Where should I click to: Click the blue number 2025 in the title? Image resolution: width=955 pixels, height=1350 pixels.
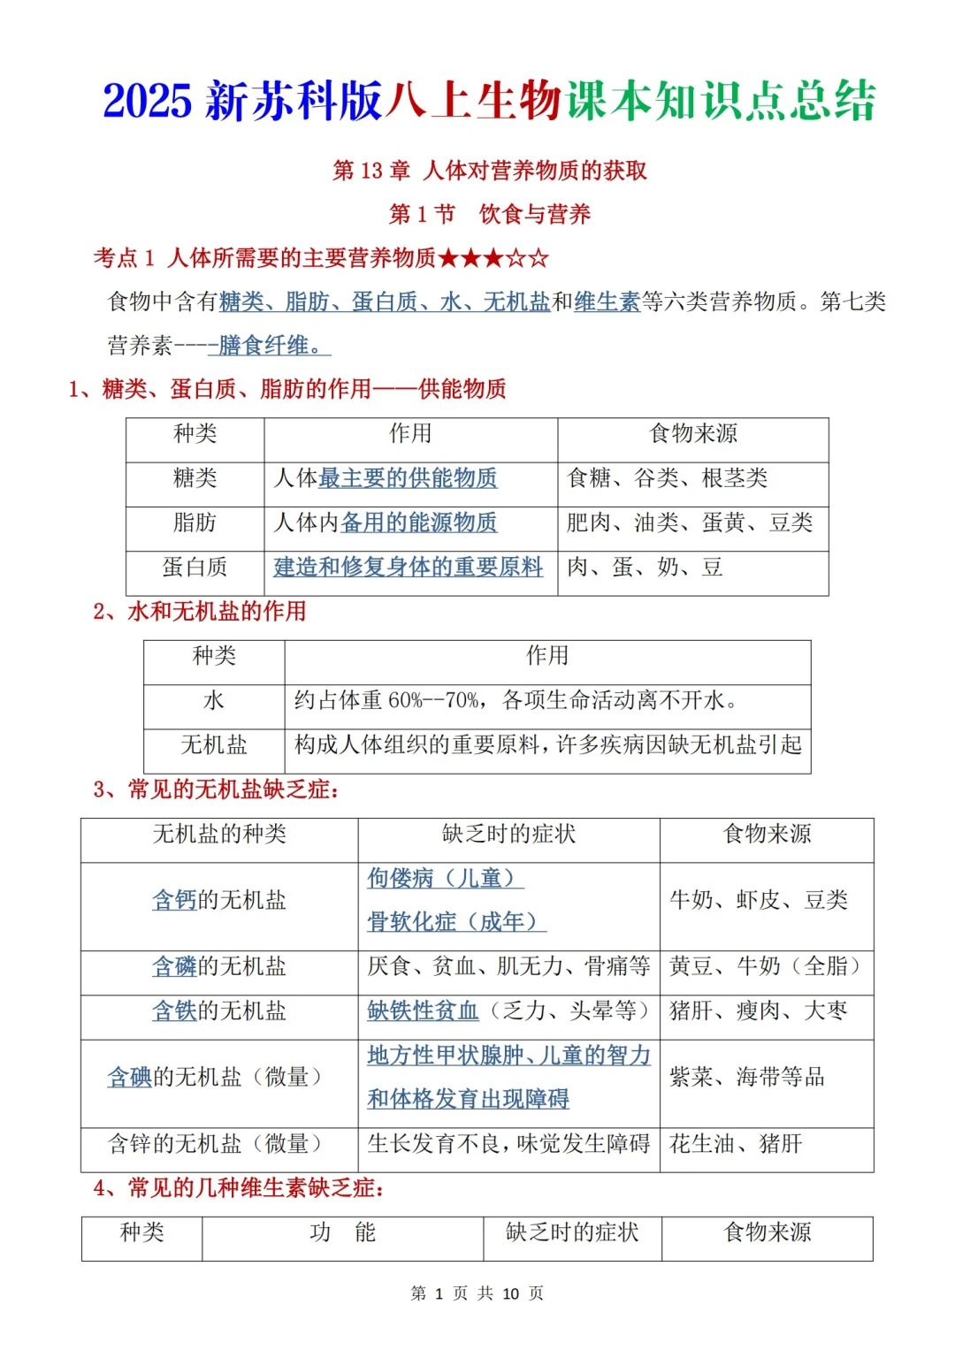click(x=147, y=101)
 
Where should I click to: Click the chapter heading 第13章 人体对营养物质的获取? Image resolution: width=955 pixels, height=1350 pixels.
click(x=489, y=171)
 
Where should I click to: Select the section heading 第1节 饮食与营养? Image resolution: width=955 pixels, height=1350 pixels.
click(x=489, y=214)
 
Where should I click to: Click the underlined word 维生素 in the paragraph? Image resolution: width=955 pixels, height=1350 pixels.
click(x=607, y=301)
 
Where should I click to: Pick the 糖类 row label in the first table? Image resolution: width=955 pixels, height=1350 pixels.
click(x=195, y=478)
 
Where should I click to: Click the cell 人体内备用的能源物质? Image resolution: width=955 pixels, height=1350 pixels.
click(x=386, y=522)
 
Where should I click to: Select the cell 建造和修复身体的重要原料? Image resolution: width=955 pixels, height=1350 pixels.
click(x=408, y=567)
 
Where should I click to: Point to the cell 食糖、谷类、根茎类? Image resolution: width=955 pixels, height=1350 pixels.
click(x=667, y=478)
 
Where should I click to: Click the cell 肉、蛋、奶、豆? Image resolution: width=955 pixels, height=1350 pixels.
click(x=645, y=567)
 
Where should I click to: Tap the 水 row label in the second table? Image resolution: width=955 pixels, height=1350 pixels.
click(x=214, y=701)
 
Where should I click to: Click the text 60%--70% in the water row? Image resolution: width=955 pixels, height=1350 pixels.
click(x=433, y=701)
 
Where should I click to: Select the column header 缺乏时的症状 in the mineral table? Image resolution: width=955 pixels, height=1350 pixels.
click(x=508, y=834)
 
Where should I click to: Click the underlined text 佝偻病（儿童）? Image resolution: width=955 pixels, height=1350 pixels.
click(x=445, y=878)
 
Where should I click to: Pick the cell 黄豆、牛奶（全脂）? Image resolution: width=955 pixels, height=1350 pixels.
click(x=765, y=966)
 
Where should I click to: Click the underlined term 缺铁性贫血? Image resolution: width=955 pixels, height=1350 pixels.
click(x=423, y=1011)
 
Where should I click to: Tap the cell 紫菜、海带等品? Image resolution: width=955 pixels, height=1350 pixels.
click(x=746, y=1077)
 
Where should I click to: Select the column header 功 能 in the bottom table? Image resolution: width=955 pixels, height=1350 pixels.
click(x=342, y=1232)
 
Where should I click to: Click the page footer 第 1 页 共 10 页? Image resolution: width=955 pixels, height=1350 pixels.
click(x=477, y=1293)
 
